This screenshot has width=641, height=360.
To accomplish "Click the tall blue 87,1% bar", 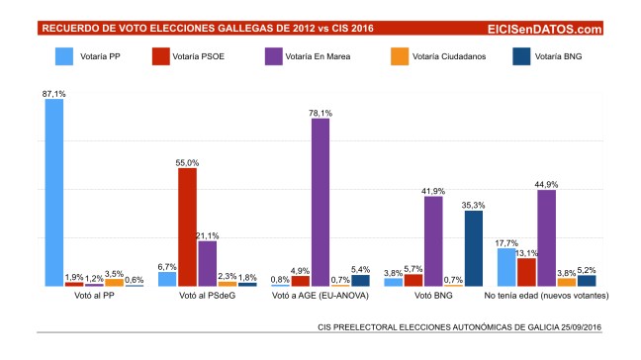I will point(54,192).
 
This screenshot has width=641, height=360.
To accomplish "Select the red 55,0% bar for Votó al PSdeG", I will point(187,226).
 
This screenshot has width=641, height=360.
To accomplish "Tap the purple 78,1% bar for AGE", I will point(320,202).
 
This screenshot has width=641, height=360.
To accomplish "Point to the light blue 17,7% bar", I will point(506,267).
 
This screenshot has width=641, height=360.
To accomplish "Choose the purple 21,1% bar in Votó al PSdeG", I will point(207,263).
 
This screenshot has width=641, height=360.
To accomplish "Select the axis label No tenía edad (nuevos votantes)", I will point(545,296).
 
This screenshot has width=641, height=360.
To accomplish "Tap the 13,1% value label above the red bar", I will point(525,252).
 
